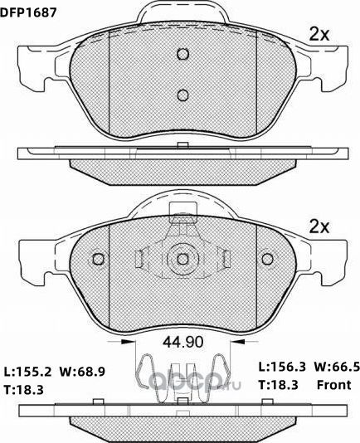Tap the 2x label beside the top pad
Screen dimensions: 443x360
(x=319, y=34)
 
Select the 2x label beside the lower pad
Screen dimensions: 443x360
(x=319, y=226)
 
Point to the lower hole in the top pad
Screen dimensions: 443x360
(x=183, y=93)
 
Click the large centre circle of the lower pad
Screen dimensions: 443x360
(x=182, y=259)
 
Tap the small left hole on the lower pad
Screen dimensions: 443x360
(x=98, y=259)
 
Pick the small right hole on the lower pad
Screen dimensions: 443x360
(x=266, y=259)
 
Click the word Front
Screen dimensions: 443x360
(x=335, y=383)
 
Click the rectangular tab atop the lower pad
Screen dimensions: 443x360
(x=181, y=213)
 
